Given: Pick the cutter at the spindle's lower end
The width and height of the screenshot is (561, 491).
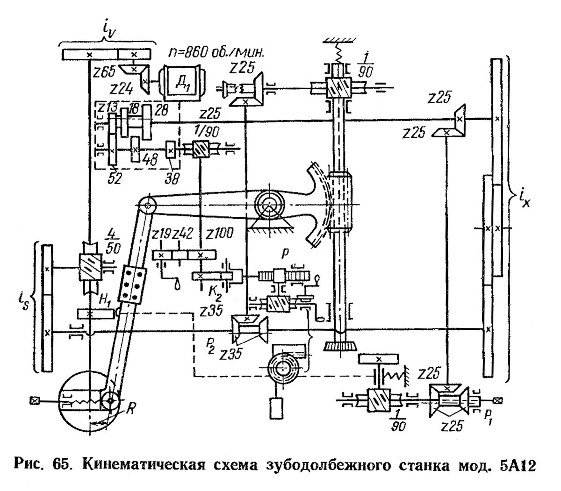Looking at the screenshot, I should point(338,346).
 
